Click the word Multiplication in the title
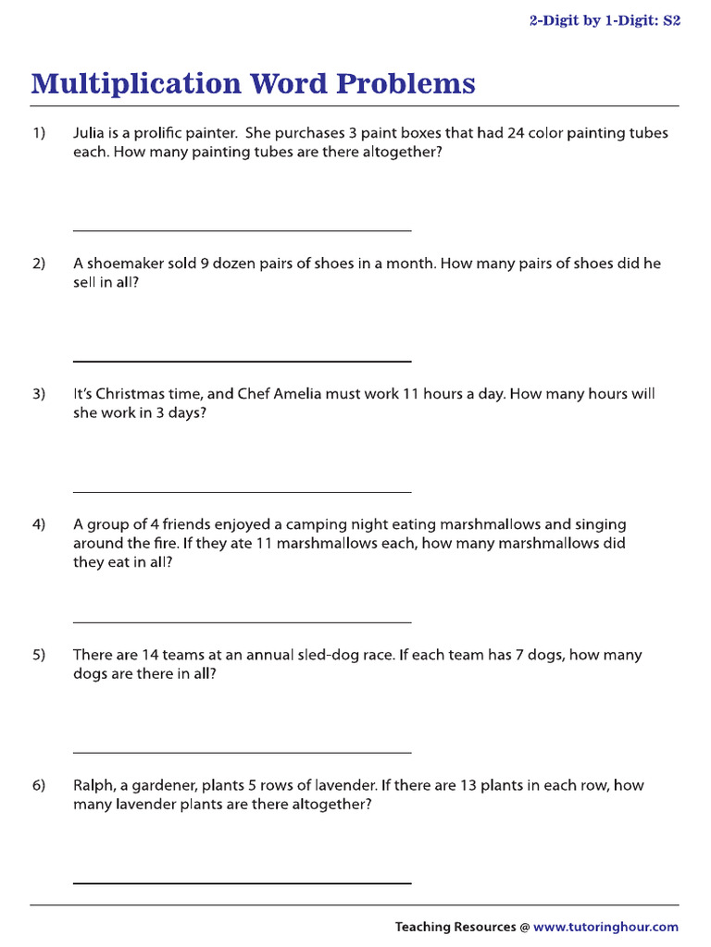(135, 84)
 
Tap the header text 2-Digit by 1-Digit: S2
(605, 20)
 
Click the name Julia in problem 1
(91, 133)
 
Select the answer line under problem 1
(242, 230)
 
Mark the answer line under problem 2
(242, 361)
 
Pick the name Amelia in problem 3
(295, 394)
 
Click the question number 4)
(39, 524)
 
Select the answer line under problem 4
(242, 622)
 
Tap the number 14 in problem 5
(151, 655)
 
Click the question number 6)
(39, 785)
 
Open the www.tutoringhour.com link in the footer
(605, 927)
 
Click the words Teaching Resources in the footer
(455, 927)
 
